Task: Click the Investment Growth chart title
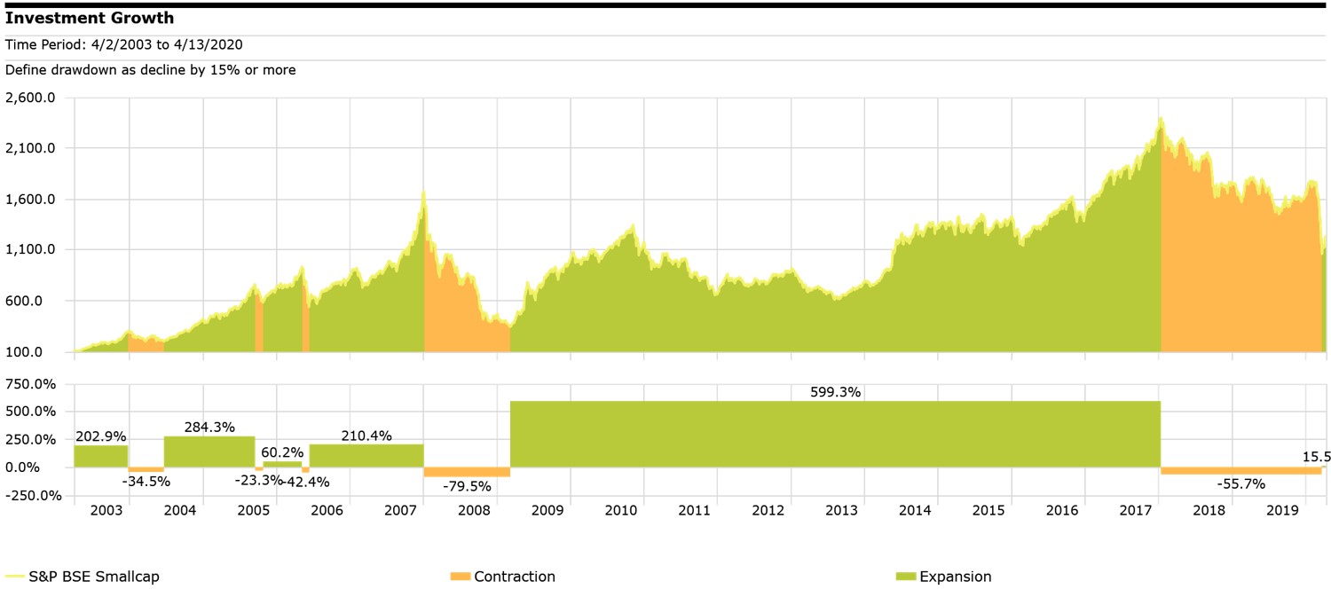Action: tap(90, 18)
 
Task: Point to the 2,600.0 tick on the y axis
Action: tap(31, 98)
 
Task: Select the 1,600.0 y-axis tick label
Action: tap(31, 200)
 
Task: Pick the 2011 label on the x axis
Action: tap(694, 511)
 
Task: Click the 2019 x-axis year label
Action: tap(1282, 511)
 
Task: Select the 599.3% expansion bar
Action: tap(835, 434)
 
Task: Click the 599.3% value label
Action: tap(835, 392)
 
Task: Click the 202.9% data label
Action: tap(100, 436)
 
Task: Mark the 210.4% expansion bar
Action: tap(366, 455)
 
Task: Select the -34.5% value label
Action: tap(146, 481)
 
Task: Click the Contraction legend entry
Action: tap(514, 577)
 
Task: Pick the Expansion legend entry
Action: tap(955, 577)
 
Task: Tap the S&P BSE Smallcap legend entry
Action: tap(93, 577)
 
